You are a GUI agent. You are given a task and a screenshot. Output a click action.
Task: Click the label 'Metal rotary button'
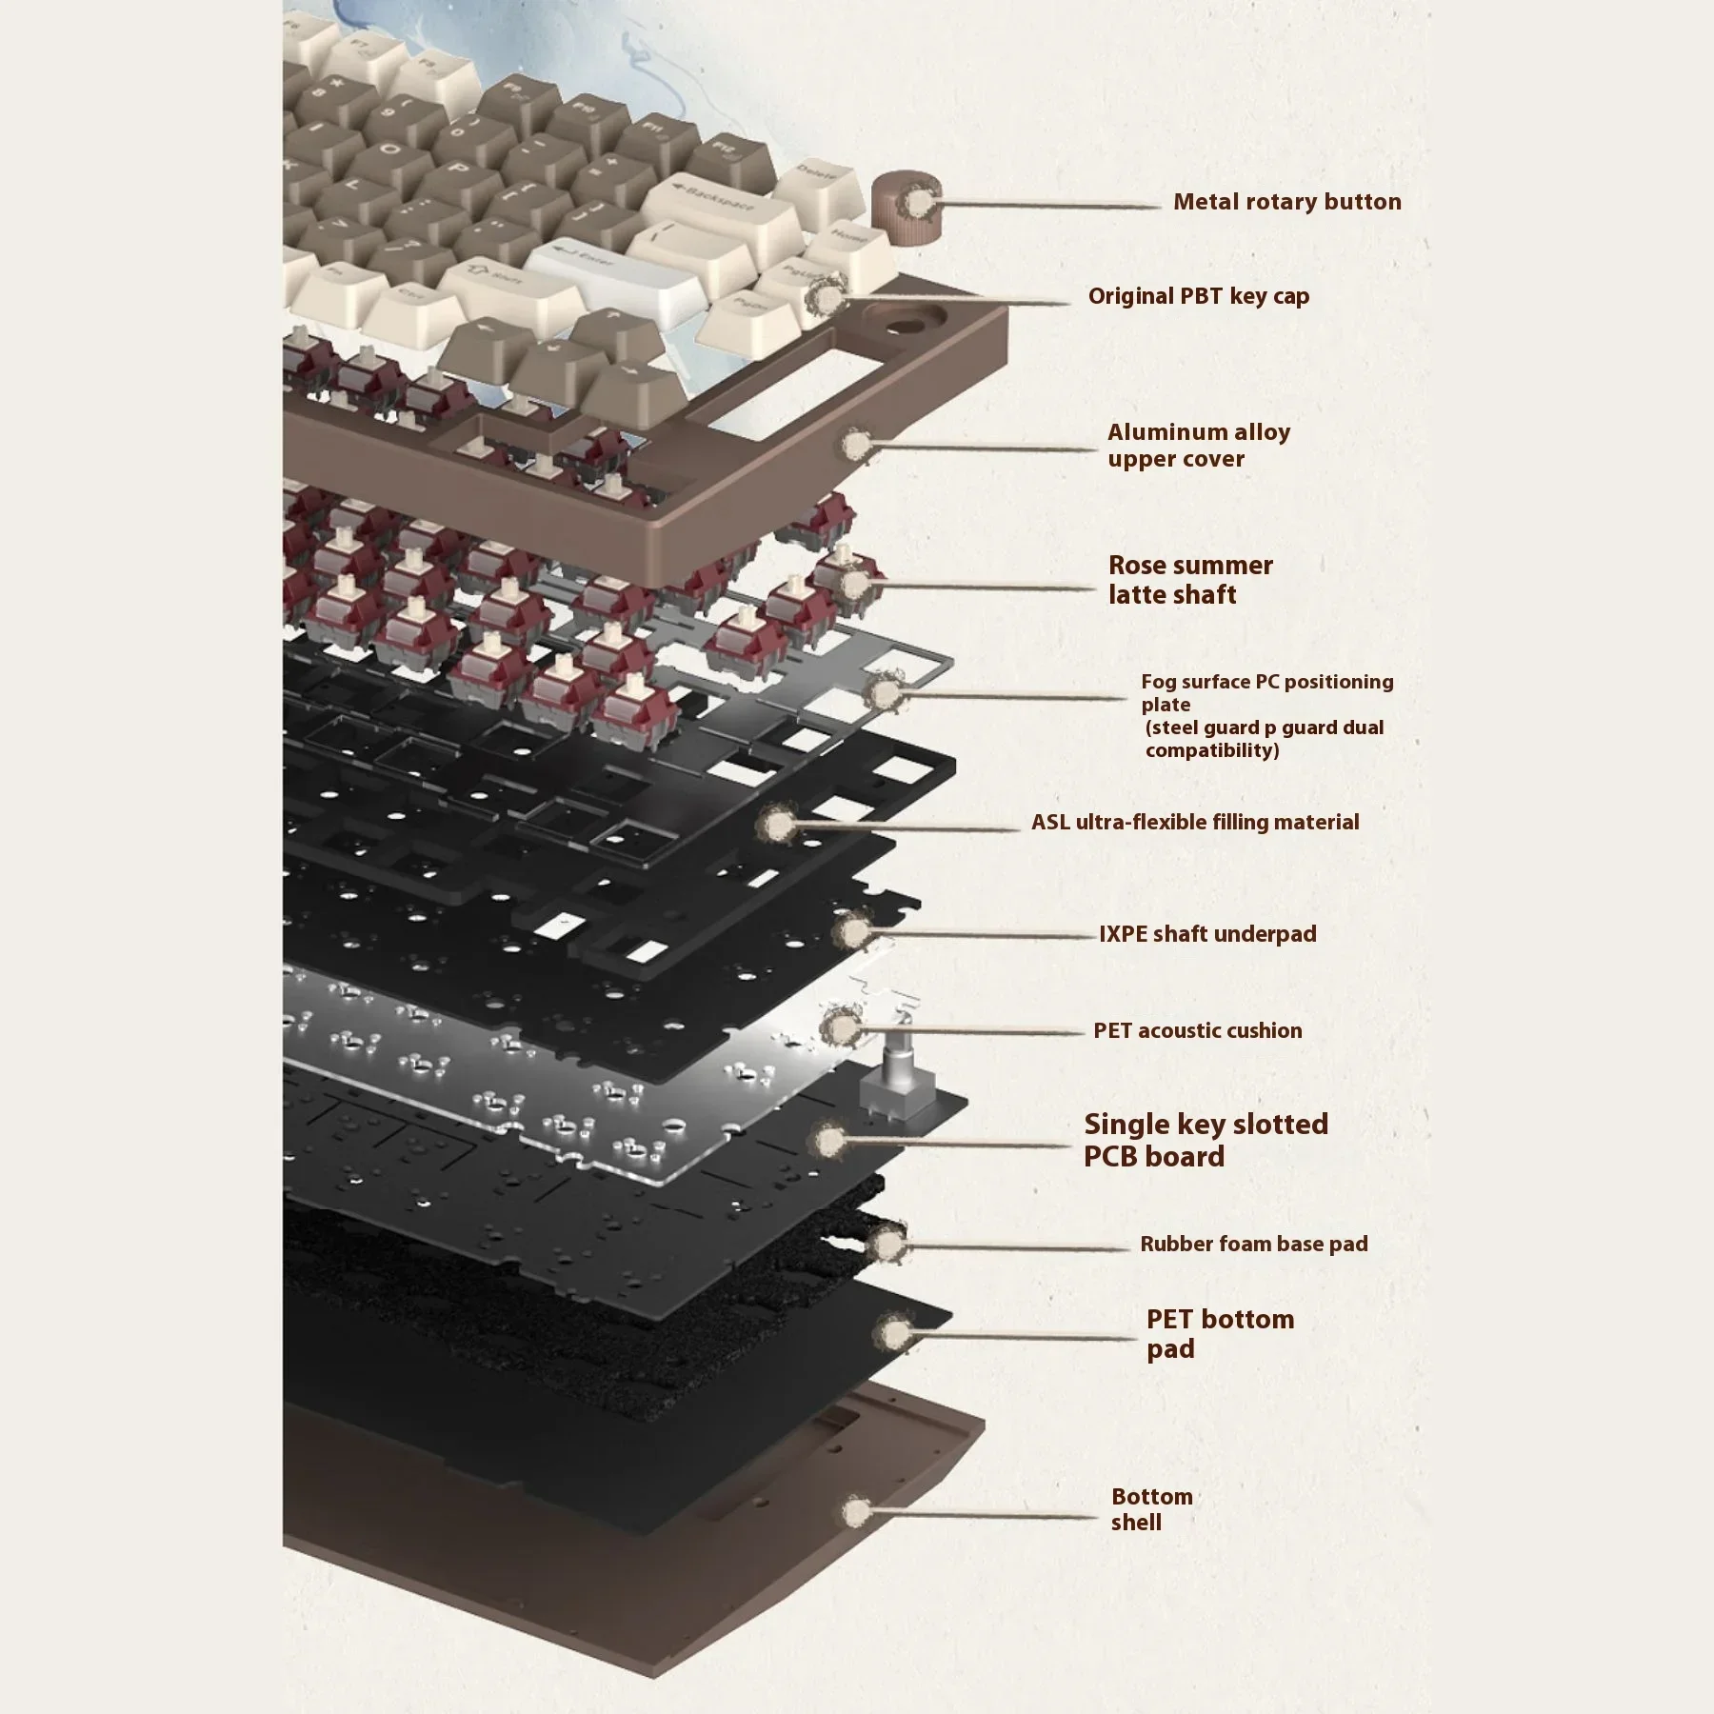(1286, 202)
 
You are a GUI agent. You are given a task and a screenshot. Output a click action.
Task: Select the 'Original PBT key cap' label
(1198, 296)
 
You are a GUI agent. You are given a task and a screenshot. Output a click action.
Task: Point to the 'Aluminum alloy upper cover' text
(1198, 445)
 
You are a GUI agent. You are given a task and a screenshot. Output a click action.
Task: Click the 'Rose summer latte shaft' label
(1189, 579)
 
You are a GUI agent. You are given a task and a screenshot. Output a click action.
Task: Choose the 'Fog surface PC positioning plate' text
(1266, 715)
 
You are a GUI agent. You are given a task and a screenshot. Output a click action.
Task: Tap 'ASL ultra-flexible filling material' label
(1195, 822)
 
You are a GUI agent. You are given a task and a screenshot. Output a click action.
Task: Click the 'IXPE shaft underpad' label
(1207, 933)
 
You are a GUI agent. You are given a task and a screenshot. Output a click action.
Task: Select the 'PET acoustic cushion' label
(1197, 1030)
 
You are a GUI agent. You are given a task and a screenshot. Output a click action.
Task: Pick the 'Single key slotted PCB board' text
(1205, 1140)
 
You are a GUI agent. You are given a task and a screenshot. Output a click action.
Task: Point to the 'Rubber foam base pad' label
(1253, 1244)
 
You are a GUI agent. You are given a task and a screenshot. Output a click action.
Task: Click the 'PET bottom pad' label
(1219, 1333)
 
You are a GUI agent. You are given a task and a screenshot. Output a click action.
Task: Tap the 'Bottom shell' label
(1150, 1509)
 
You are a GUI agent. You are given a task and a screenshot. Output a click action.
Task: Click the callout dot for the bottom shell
(855, 1509)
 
